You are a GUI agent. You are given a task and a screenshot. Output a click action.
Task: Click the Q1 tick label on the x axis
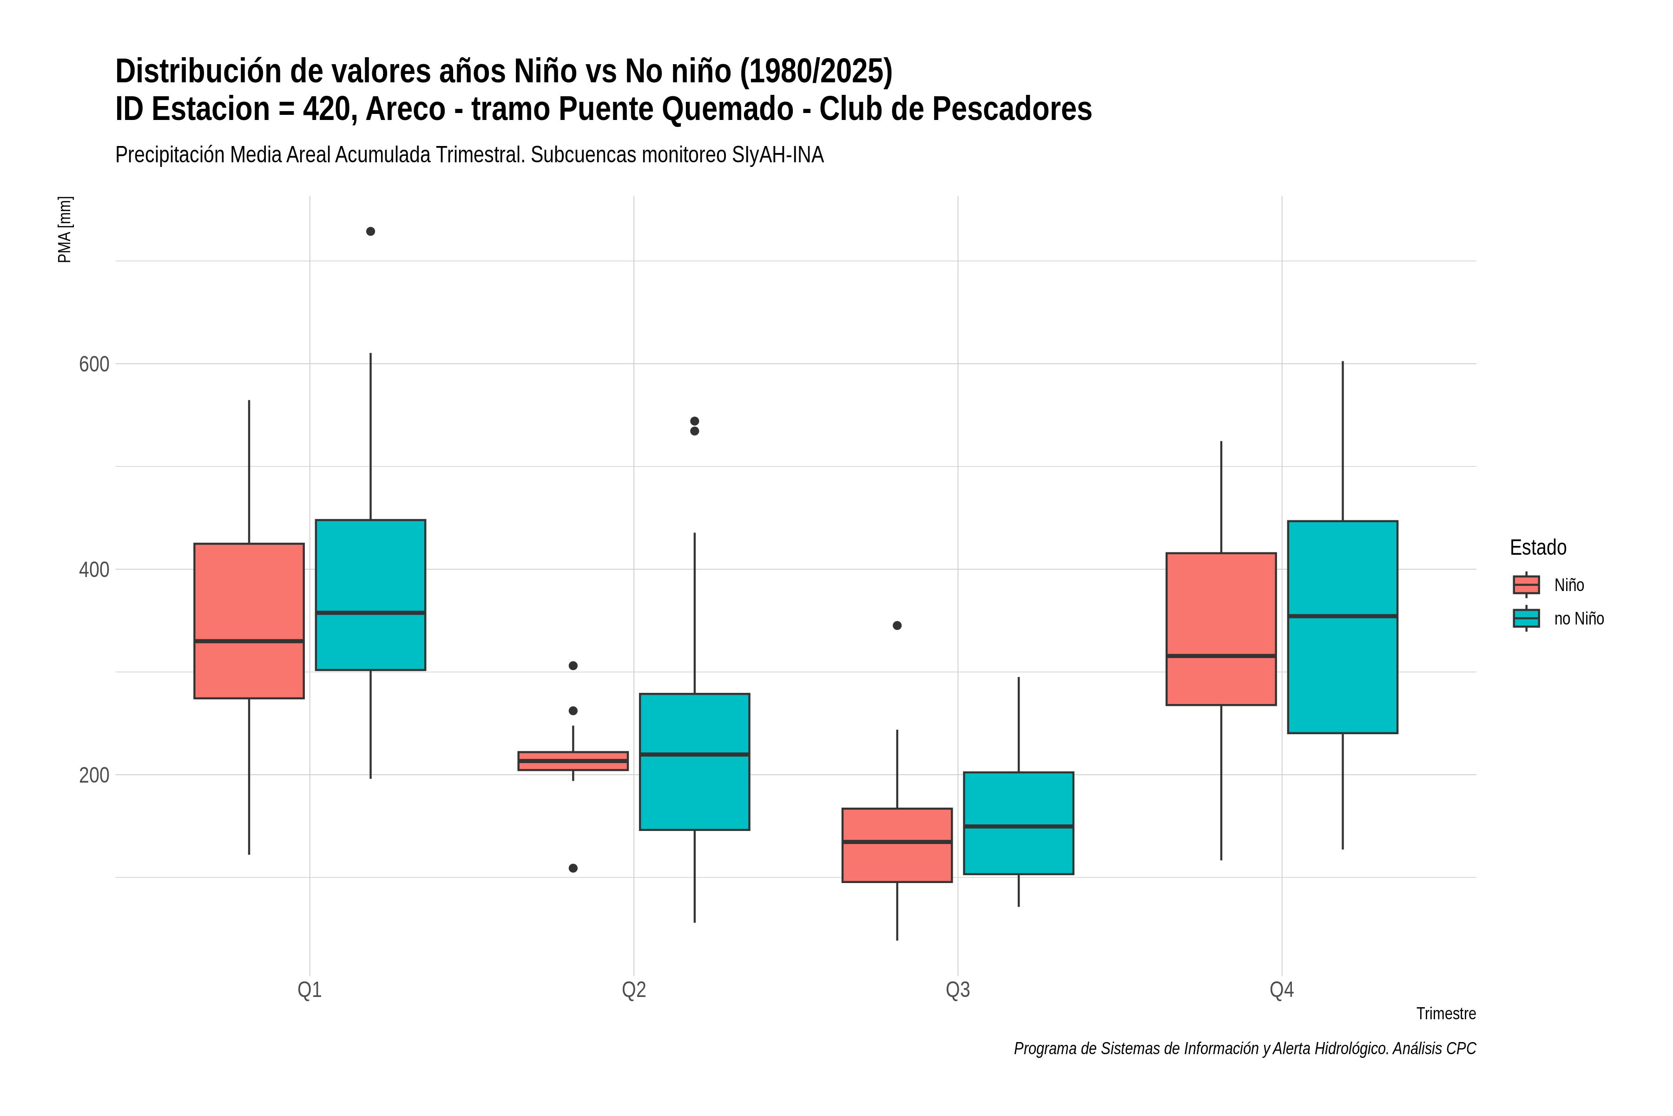point(310,990)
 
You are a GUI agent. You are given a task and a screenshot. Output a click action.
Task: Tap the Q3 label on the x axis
point(957,990)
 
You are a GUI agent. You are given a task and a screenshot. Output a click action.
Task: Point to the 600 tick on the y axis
point(94,365)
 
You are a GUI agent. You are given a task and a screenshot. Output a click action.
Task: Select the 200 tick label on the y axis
point(94,775)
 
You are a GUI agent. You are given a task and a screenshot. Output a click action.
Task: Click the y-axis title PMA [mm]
point(65,229)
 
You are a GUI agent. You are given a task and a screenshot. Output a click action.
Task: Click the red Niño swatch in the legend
point(1526,585)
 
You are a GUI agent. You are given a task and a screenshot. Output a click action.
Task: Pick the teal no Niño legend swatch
point(1526,618)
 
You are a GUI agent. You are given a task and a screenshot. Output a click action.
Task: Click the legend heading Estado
point(1538,547)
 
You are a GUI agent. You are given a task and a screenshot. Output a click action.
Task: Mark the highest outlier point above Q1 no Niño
point(370,231)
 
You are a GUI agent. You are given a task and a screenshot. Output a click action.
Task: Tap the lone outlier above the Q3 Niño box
point(897,625)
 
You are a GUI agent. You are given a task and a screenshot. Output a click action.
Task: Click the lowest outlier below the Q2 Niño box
point(573,868)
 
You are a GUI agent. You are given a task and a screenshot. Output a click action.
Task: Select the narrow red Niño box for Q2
point(573,761)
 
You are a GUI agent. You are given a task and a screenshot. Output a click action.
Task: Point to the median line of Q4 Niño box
point(1221,656)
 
